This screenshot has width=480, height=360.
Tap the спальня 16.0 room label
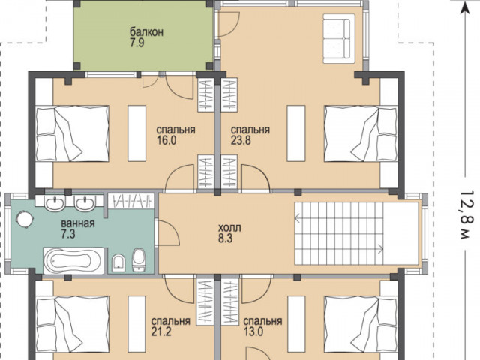point(175,135)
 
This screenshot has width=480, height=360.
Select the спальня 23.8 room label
point(250,135)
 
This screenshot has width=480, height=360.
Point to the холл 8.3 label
point(229,233)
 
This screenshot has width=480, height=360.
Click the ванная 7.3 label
point(78,229)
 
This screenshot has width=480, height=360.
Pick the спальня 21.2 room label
point(170,326)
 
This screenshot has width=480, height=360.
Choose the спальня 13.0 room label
point(262,326)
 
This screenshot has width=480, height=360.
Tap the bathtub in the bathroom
point(73,260)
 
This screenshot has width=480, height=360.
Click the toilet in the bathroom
point(139,260)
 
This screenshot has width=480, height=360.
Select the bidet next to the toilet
point(118,262)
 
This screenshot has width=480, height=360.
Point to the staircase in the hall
point(339,233)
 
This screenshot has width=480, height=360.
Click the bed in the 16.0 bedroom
point(72,133)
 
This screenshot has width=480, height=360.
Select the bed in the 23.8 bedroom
point(361,133)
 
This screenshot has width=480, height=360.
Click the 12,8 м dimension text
point(466,215)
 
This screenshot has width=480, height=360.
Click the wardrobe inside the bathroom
point(130,201)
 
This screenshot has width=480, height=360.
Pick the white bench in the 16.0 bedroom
point(136,133)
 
